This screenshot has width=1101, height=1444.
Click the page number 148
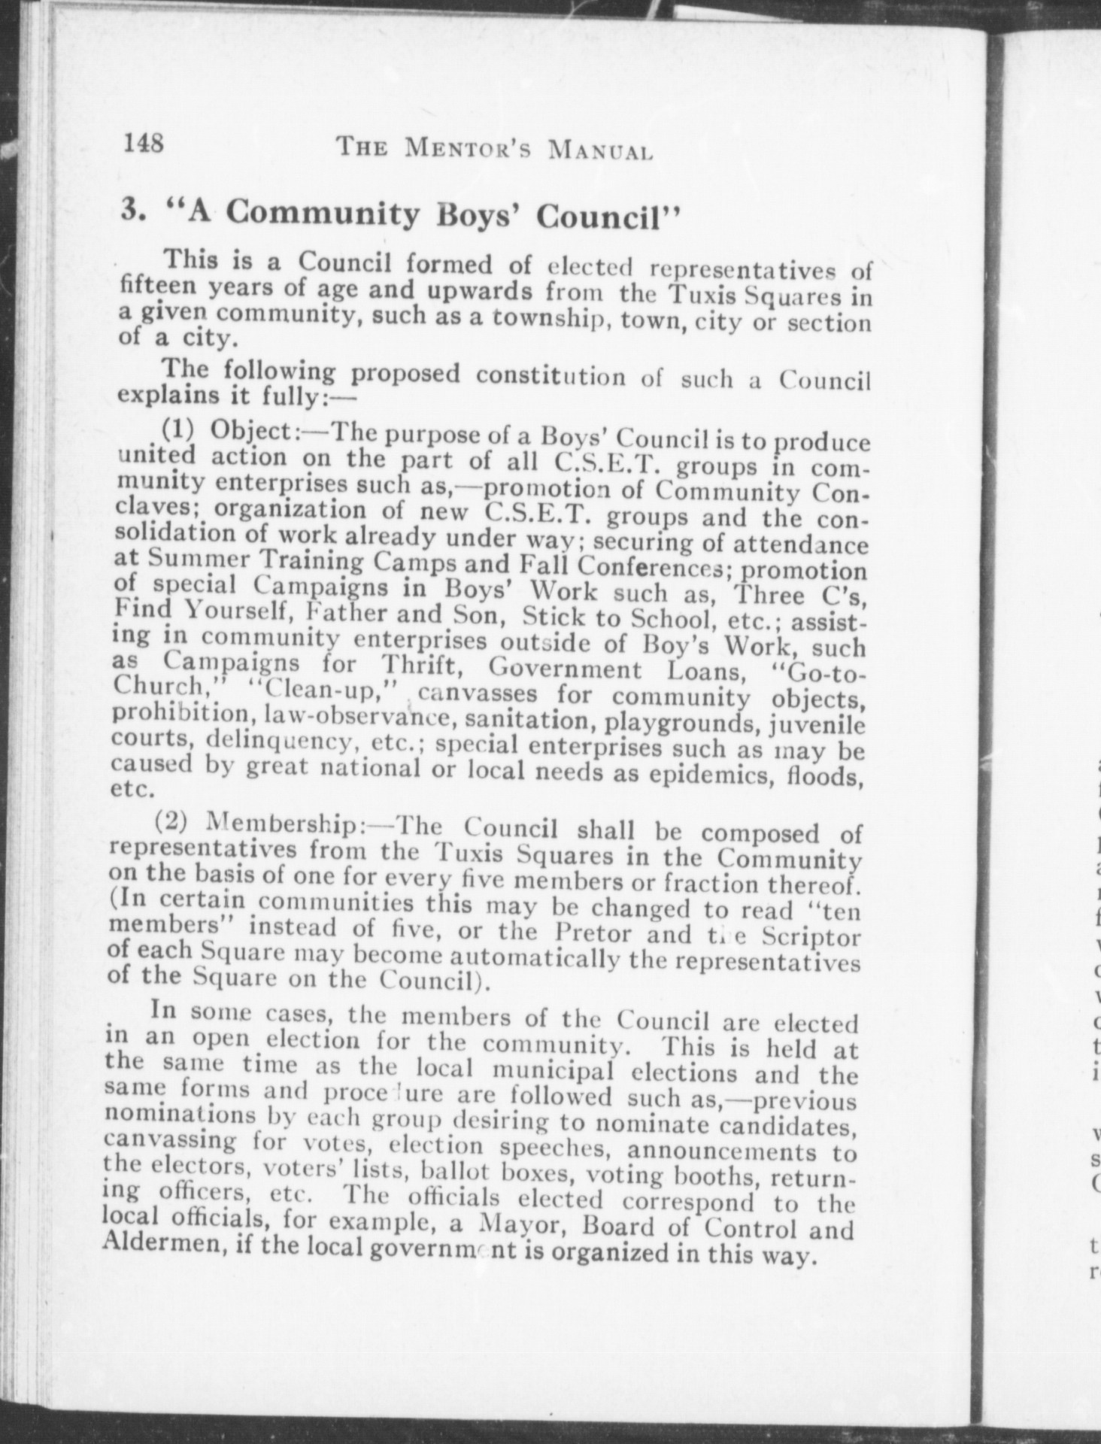pos(144,141)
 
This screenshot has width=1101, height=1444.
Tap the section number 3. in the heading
pos(134,210)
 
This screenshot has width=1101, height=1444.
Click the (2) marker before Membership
pos(171,820)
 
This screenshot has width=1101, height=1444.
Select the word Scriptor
pos(812,938)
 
